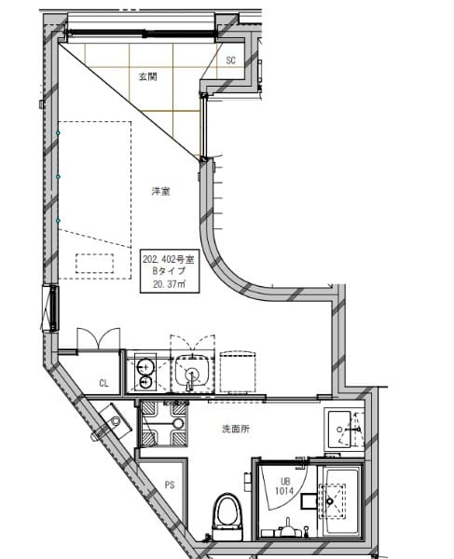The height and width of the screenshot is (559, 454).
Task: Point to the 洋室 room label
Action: [160, 191]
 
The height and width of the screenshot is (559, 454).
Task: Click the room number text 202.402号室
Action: [170, 256]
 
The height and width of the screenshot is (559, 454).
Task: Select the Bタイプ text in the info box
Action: [170, 270]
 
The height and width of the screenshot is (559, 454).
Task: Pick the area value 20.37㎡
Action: [170, 285]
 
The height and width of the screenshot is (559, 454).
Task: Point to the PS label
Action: [170, 484]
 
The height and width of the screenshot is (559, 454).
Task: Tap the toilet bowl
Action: [226, 511]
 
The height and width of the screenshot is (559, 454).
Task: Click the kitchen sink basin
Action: [192, 372]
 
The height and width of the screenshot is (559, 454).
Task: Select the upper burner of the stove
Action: [145, 364]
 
